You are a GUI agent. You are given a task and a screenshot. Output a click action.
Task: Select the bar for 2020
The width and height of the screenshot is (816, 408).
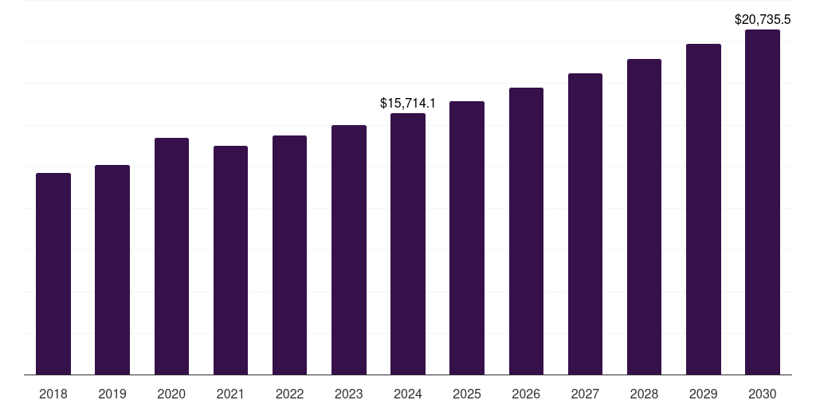coord(171,256)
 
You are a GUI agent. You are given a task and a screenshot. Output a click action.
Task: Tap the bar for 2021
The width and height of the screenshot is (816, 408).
coord(230,260)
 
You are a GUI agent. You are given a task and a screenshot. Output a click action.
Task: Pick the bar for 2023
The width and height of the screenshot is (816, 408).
coord(349,249)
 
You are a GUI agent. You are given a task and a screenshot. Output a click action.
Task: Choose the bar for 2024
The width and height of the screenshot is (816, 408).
coord(408,244)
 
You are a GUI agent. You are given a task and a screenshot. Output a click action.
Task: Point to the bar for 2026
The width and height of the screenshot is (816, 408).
coord(526,231)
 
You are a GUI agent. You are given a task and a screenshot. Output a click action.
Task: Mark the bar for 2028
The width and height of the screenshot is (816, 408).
coord(644,217)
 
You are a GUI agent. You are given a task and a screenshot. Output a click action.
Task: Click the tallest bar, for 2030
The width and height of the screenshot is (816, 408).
coord(763,202)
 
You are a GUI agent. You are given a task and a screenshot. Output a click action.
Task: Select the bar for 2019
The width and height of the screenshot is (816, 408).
coord(112,269)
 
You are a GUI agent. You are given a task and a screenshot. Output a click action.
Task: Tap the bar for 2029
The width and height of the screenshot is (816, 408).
coord(704,209)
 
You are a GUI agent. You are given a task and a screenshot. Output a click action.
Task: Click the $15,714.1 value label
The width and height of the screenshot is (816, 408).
coord(408,104)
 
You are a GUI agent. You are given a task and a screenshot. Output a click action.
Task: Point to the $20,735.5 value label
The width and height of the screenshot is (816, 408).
coord(763,19)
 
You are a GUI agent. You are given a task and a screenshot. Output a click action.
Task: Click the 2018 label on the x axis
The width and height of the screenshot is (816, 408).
coord(53,394)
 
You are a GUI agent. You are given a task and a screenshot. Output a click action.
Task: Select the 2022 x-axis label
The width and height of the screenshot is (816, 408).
coord(289,394)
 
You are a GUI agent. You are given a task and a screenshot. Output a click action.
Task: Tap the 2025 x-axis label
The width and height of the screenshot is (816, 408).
coord(467,394)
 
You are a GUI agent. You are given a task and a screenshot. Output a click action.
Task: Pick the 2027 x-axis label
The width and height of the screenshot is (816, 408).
coord(585,394)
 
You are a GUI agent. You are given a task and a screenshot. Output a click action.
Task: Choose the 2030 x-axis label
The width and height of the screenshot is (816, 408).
coord(763,394)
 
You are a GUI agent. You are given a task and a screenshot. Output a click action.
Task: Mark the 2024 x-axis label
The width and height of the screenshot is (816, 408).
coord(408,394)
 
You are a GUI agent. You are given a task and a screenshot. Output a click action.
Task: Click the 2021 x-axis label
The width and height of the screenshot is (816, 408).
coord(230,394)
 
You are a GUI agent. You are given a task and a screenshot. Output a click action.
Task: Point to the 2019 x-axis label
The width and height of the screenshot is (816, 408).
coord(112,394)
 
